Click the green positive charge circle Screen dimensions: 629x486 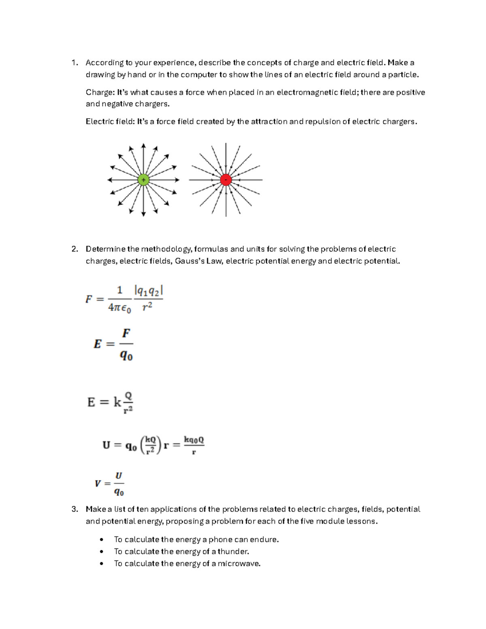click(143, 180)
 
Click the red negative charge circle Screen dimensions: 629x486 click(226, 180)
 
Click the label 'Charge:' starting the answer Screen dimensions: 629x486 click(100, 92)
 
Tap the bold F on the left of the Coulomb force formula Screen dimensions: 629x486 click(89, 299)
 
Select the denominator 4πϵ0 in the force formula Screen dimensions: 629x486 click(119, 308)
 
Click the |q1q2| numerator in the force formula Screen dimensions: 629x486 click(148, 290)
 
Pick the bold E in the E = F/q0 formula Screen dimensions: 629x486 click(98, 344)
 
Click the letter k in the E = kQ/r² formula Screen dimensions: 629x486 click(117, 402)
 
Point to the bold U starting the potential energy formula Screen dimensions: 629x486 click(107, 446)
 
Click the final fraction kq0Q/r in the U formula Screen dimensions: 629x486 click(194, 445)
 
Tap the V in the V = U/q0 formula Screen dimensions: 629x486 click(98, 484)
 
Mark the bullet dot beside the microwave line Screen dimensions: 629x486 click(102, 563)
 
